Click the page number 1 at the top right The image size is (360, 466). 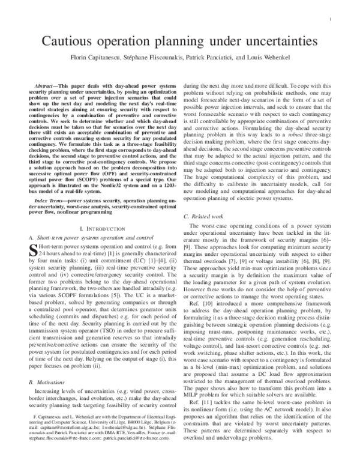331,19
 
